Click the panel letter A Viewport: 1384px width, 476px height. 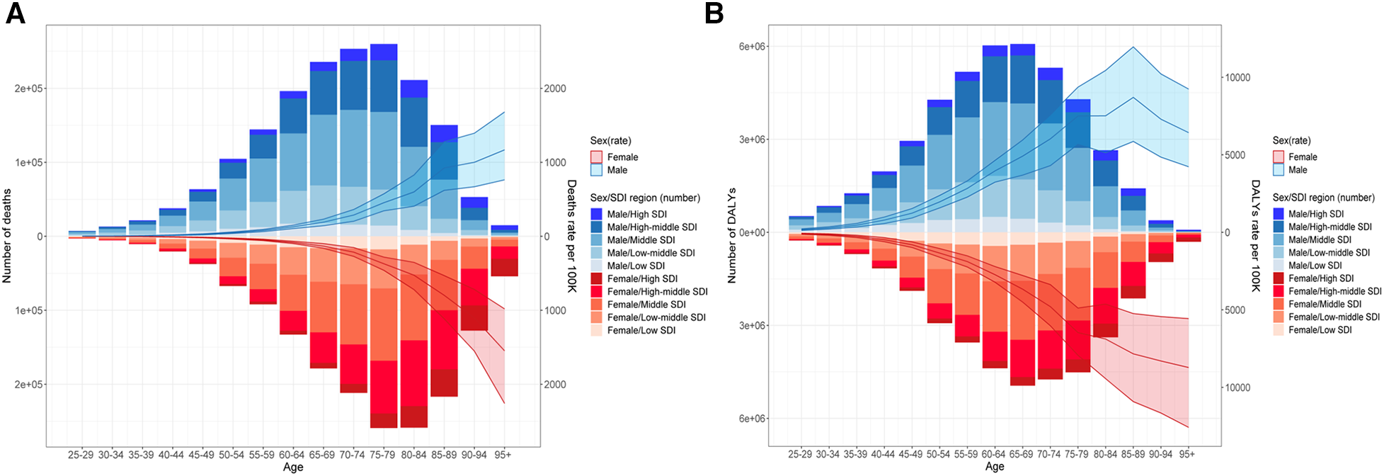15,13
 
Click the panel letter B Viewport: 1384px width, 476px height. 714,13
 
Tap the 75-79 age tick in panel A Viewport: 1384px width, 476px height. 382,455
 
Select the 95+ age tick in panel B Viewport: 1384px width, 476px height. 1187,454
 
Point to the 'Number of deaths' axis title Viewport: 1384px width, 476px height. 7,236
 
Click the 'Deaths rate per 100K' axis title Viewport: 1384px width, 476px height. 571,236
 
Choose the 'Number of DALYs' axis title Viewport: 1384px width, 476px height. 732,236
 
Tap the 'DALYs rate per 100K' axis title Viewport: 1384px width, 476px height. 1255,236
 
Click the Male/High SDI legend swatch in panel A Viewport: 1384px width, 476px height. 596,214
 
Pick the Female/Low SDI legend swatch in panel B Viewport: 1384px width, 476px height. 1279,330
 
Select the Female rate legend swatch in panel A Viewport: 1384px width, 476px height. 596,157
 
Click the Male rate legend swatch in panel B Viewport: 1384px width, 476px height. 1279,170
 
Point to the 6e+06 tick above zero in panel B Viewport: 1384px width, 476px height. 753,47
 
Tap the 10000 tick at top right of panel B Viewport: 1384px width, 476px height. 1237,78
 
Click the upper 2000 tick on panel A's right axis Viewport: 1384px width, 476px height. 554,89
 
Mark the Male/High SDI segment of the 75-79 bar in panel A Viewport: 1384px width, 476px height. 384,52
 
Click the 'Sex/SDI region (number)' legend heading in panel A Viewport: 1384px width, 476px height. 645,198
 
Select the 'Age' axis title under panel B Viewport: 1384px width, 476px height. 994,467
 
